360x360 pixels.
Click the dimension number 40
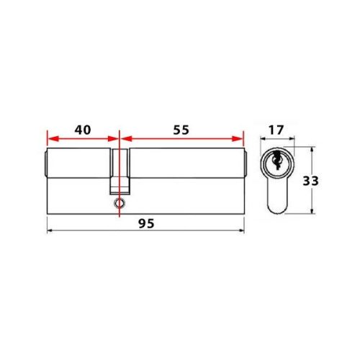click(x=82, y=130)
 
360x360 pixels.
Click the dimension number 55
click(x=181, y=130)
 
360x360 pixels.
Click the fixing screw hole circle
click(x=118, y=204)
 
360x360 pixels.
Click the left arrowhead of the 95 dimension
click(x=50, y=230)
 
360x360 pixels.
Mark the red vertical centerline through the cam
click(x=118, y=144)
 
